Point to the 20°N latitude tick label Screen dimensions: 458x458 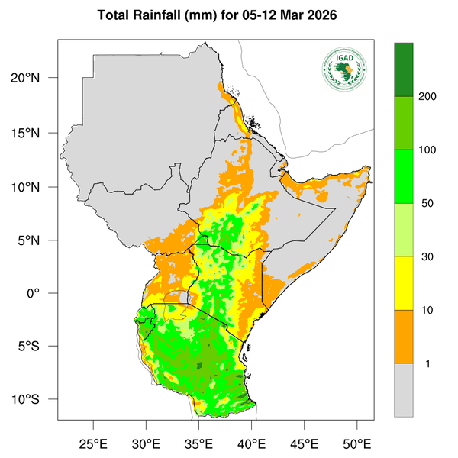36,78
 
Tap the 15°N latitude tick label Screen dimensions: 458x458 36,133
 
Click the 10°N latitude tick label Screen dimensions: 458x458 36,186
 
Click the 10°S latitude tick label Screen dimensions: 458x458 36,399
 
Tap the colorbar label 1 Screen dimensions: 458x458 427,363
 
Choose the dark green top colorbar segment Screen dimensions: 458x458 403,69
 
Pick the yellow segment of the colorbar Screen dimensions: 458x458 403,283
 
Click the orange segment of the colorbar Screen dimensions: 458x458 403,337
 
